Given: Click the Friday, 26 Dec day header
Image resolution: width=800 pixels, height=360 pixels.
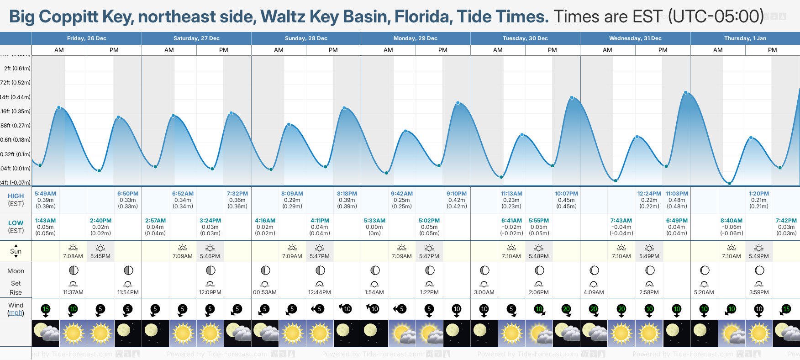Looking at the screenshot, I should pos(87,38).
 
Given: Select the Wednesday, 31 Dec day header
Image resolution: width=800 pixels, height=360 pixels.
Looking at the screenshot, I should pos(635,38).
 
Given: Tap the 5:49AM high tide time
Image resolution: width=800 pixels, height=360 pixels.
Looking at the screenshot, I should pos(46,194).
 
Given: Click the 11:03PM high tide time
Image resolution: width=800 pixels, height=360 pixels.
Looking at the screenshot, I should pos(677,194).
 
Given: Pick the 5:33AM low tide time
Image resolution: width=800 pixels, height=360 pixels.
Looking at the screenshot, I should pos(374,221).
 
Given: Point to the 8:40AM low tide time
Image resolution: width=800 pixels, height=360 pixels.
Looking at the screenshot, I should pos(732,221).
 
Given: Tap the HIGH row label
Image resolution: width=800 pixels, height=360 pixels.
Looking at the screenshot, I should pos(16,196).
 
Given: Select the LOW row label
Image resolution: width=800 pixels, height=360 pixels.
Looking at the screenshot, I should pos(16,223).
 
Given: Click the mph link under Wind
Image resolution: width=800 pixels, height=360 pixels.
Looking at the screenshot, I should pos(16,313).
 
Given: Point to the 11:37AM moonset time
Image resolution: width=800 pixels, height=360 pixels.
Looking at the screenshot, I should pos(73,292).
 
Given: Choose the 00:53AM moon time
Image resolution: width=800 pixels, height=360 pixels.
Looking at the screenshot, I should pos(265,292).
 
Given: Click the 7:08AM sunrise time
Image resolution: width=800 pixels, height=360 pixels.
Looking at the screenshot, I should pos(73,256).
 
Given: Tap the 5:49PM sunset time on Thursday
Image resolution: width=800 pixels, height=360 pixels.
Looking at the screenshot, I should pos(759,256).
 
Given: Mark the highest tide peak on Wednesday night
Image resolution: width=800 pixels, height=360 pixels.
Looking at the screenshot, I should pos(686,93).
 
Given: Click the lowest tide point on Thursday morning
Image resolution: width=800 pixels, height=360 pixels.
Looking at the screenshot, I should pos(730,183).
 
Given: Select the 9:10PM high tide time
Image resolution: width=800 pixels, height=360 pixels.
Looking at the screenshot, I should pos(457,194).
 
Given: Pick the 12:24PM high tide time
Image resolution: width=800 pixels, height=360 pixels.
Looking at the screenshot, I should pos(649,194).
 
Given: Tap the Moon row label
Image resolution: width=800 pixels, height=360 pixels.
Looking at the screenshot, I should pos(16,271).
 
